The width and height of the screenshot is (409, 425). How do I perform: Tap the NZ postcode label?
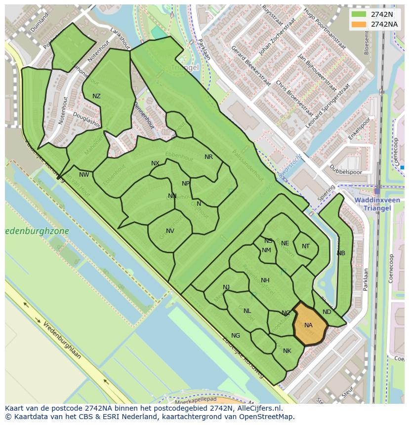click(x=96, y=96)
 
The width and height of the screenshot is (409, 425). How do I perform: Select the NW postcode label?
click(x=84, y=174)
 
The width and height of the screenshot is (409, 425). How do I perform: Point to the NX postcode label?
click(x=155, y=163)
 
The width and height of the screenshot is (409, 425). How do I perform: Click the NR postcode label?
click(x=208, y=157)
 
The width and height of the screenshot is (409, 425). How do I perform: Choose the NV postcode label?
click(x=170, y=231)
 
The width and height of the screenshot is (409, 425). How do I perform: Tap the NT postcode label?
click(x=306, y=246)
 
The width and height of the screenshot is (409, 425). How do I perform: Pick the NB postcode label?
click(x=341, y=253)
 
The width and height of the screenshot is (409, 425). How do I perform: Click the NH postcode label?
click(x=265, y=280)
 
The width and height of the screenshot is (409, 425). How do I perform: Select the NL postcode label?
click(x=247, y=310)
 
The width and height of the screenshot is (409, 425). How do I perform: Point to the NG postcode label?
click(x=236, y=336)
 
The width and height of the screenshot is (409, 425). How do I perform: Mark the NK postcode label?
click(x=287, y=351)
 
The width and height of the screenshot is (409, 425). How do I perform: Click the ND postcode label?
click(x=327, y=312)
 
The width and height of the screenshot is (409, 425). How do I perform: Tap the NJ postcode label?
click(x=226, y=287)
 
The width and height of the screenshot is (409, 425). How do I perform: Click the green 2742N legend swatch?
click(x=359, y=14)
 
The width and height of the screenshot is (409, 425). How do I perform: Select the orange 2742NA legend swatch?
click(x=359, y=24)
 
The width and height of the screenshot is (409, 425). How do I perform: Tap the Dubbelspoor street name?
click(x=345, y=172)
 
